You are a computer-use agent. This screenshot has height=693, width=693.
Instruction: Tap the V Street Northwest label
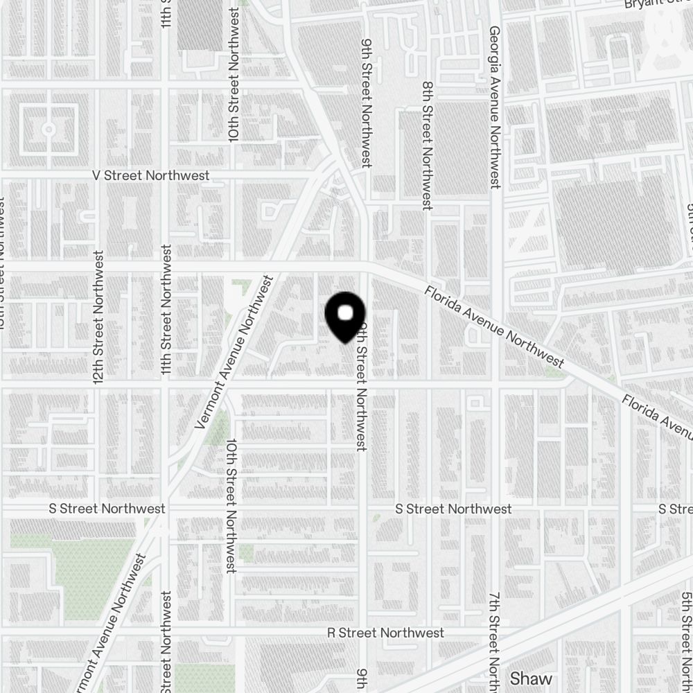point(151,175)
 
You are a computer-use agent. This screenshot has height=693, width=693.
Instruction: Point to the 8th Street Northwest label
point(428,146)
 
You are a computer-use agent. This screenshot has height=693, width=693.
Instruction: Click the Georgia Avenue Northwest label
point(494,107)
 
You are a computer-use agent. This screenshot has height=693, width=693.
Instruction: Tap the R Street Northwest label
point(385,633)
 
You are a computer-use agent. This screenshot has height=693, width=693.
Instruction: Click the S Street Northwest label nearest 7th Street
point(453,509)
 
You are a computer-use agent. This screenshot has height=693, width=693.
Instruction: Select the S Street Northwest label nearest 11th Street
point(107,509)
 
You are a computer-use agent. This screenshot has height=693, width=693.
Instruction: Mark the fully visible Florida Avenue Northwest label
point(494,326)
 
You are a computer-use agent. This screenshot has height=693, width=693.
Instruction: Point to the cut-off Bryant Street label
point(658,4)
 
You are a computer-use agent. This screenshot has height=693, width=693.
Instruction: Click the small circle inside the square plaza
point(49,130)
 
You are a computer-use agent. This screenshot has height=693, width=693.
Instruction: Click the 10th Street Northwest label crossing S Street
point(231,505)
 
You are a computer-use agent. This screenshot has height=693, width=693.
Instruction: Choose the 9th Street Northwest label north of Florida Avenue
point(366,102)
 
